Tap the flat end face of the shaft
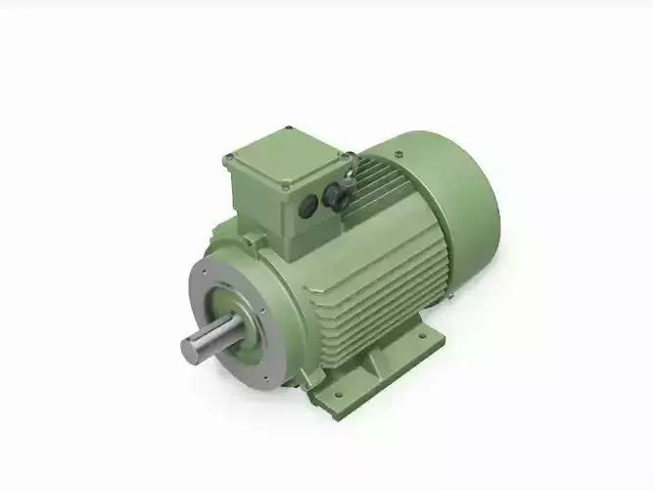[x=188, y=350]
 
